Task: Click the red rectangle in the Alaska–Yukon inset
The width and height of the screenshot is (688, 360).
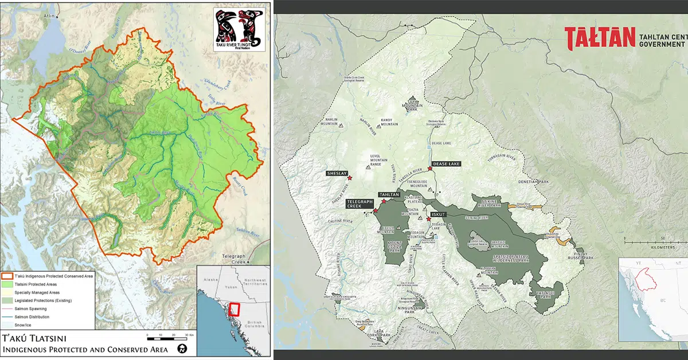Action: coord(234,309)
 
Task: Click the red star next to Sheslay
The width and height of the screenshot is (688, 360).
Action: coord(349,178)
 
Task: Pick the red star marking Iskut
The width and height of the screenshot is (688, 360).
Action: coord(428,219)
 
